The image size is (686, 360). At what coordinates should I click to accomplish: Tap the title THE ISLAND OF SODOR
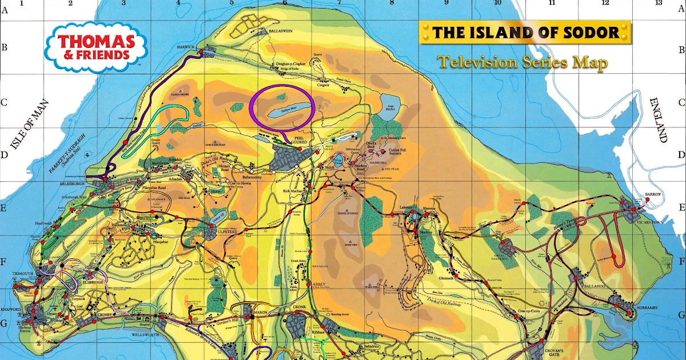click(525, 32)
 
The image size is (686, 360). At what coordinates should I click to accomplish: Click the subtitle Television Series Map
click(523, 62)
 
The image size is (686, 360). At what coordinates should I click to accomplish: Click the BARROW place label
click(653, 194)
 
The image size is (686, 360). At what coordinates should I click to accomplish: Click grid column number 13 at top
click(659, 3)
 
